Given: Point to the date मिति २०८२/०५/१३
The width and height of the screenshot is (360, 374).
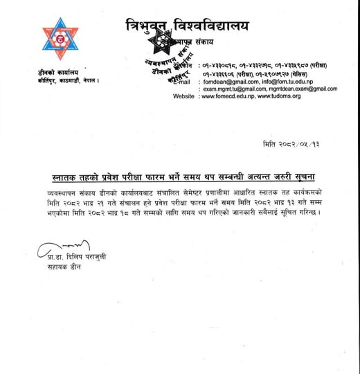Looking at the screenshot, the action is click(291, 142).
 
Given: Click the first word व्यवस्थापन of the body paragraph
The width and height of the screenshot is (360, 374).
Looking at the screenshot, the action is click(57, 188).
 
